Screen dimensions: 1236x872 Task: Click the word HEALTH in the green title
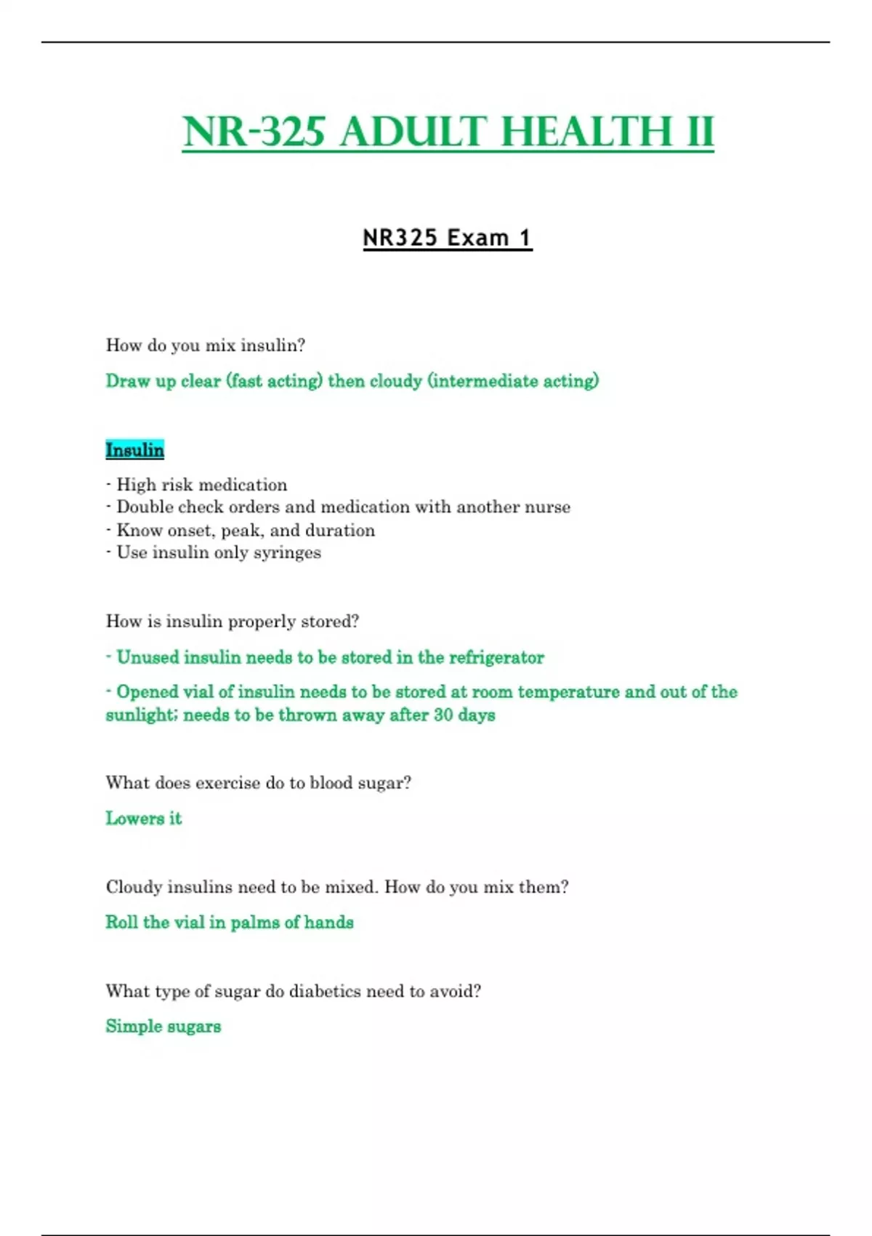point(586,132)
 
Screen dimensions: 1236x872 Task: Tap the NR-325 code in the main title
point(254,132)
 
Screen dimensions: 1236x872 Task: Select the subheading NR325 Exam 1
point(447,238)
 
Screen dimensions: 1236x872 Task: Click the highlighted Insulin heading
point(135,450)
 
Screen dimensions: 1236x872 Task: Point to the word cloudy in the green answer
point(396,381)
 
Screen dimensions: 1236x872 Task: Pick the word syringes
point(287,553)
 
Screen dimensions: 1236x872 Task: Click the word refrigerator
point(496,657)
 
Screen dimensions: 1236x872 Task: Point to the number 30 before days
point(443,715)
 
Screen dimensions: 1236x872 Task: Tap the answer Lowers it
point(144,819)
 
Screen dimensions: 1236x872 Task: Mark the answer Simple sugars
point(163,1027)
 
